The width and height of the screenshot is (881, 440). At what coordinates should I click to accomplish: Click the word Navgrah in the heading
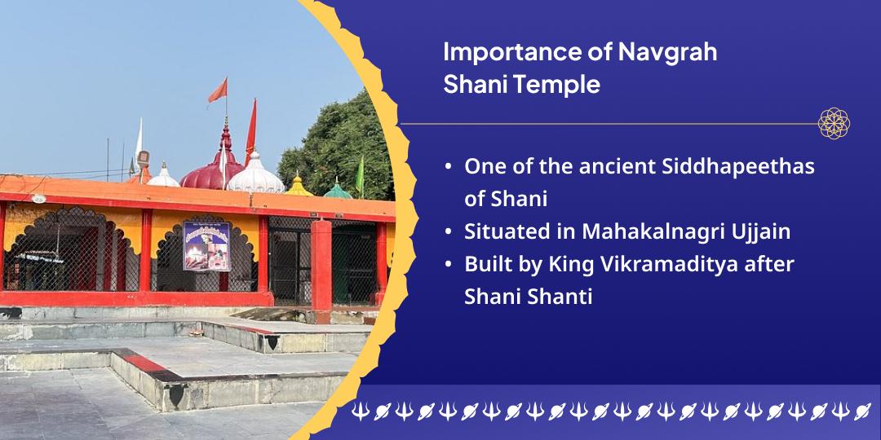667,52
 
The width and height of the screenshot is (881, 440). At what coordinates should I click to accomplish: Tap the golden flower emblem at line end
834,124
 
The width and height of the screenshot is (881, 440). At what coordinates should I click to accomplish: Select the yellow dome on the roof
299,187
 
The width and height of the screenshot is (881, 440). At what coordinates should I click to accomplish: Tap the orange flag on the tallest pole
218,90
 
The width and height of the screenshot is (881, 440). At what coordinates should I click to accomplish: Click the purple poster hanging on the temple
206,246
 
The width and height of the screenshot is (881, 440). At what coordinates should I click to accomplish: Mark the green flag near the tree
360,175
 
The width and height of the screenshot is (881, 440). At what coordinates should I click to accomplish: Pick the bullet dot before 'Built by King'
448,265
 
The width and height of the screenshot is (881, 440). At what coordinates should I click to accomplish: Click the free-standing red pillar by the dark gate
321,265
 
